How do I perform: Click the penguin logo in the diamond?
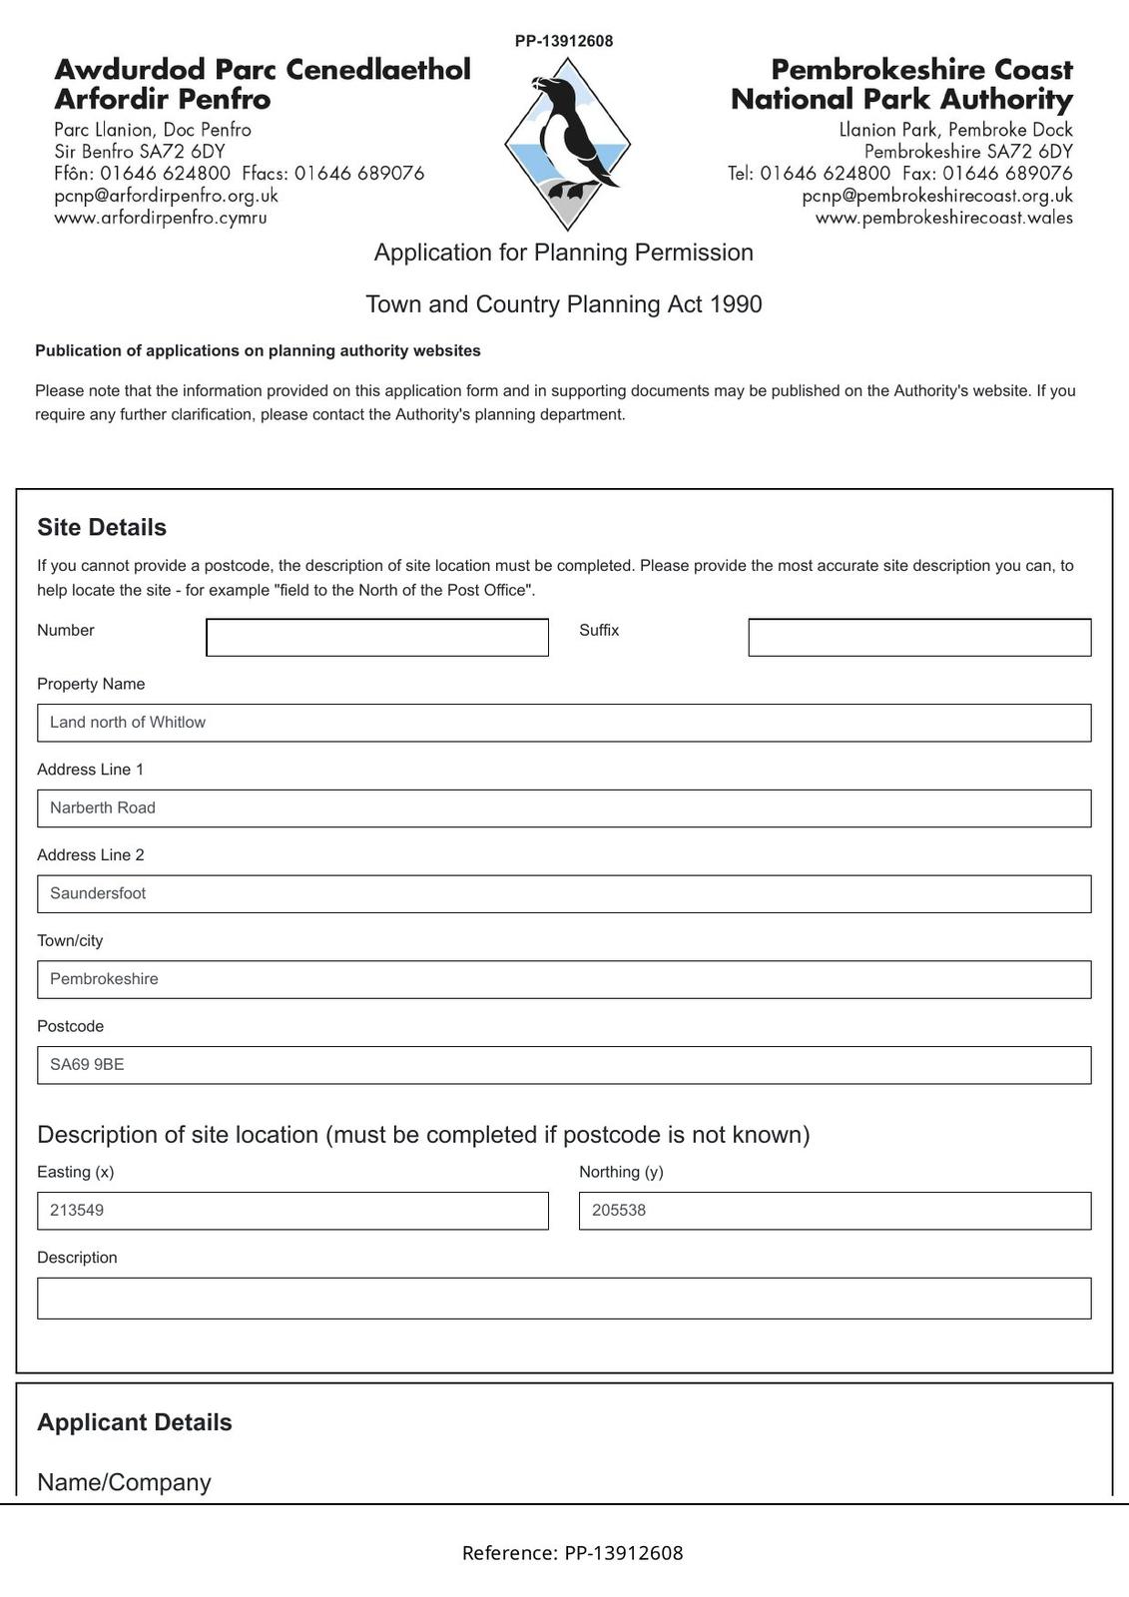point(567,142)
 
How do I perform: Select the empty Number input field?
point(377,638)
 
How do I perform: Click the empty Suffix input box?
point(919,638)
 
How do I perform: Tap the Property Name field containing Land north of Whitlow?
point(564,723)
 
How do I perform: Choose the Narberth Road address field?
point(564,808)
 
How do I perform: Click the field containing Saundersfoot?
point(564,894)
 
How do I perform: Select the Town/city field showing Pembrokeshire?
point(564,979)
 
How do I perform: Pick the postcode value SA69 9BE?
point(88,1065)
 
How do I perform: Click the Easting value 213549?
point(77,1211)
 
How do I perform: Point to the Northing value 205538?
point(619,1211)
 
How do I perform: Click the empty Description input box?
point(564,1299)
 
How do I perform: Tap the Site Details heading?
point(102,527)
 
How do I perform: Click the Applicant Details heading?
point(135,1422)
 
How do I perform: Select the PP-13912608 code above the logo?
point(564,41)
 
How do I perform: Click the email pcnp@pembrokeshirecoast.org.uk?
point(937,196)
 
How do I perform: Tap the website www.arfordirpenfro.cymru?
point(161,218)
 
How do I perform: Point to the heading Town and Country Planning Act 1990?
point(564,304)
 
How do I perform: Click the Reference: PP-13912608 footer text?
point(572,1553)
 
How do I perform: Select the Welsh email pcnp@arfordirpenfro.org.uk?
point(167,196)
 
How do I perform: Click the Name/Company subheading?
point(124,1482)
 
